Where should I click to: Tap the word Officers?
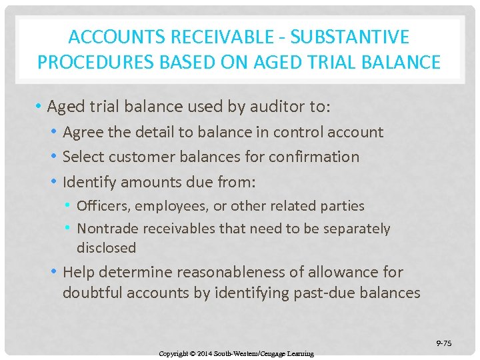102,206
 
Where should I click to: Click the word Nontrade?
107,229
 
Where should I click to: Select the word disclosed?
106,248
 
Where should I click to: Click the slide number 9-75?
443,343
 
